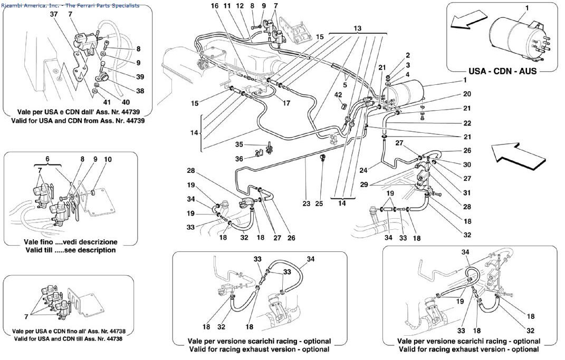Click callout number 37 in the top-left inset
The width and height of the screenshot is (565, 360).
(x=53, y=14)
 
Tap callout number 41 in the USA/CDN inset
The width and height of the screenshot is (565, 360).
(x=107, y=102)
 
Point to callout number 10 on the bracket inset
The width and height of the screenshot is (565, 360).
(x=108, y=159)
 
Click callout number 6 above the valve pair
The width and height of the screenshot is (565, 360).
(x=47, y=159)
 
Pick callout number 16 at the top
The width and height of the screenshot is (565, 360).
(x=214, y=6)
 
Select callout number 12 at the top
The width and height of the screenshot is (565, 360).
(x=240, y=6)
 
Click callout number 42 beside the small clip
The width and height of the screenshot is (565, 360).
(x=339, y=95)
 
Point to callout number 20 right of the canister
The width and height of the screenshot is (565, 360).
(x=467, y=94)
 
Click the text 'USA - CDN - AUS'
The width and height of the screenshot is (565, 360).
(x=503, y=71)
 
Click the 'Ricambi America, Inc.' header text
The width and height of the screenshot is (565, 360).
(x=32, y=5)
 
